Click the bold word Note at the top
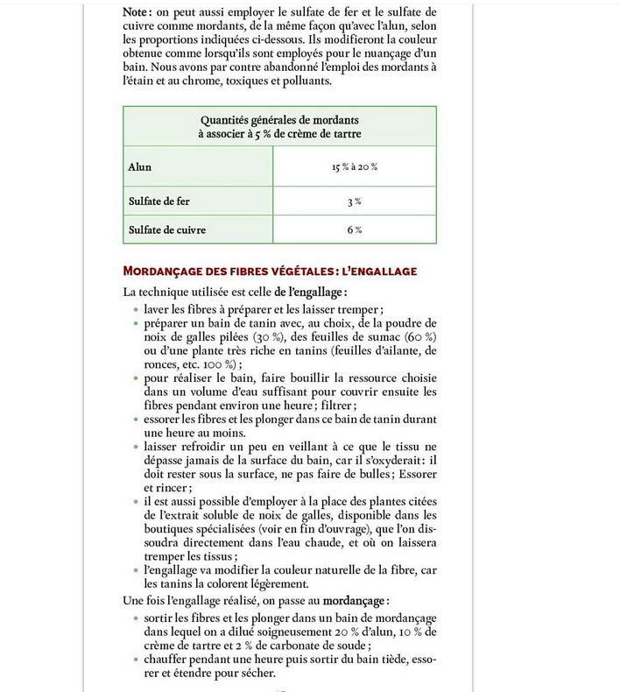pyautogui.click(x=138, y=11)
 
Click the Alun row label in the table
pyautogui.click(x=139, y=166)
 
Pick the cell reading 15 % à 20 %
pyautogui.click(x=354, y=166)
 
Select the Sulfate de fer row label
pyautogui.click(x=159, y=201)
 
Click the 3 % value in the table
pyautogui.click(x=354, y=201)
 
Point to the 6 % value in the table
pyautogui.click(x=354, y=229)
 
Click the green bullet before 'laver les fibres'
pyautogui.click(x=134, y=309)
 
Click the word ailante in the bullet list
pyautogui.click(x=399, y=351)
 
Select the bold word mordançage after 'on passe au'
pyautogui.click(x=354, y=602)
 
